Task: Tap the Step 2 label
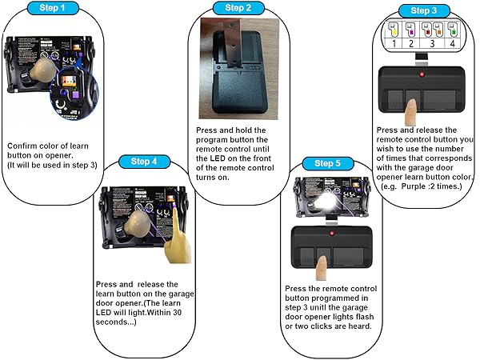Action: [237, 8]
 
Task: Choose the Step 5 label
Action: [329, 163]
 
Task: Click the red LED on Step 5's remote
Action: [328, 233]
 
